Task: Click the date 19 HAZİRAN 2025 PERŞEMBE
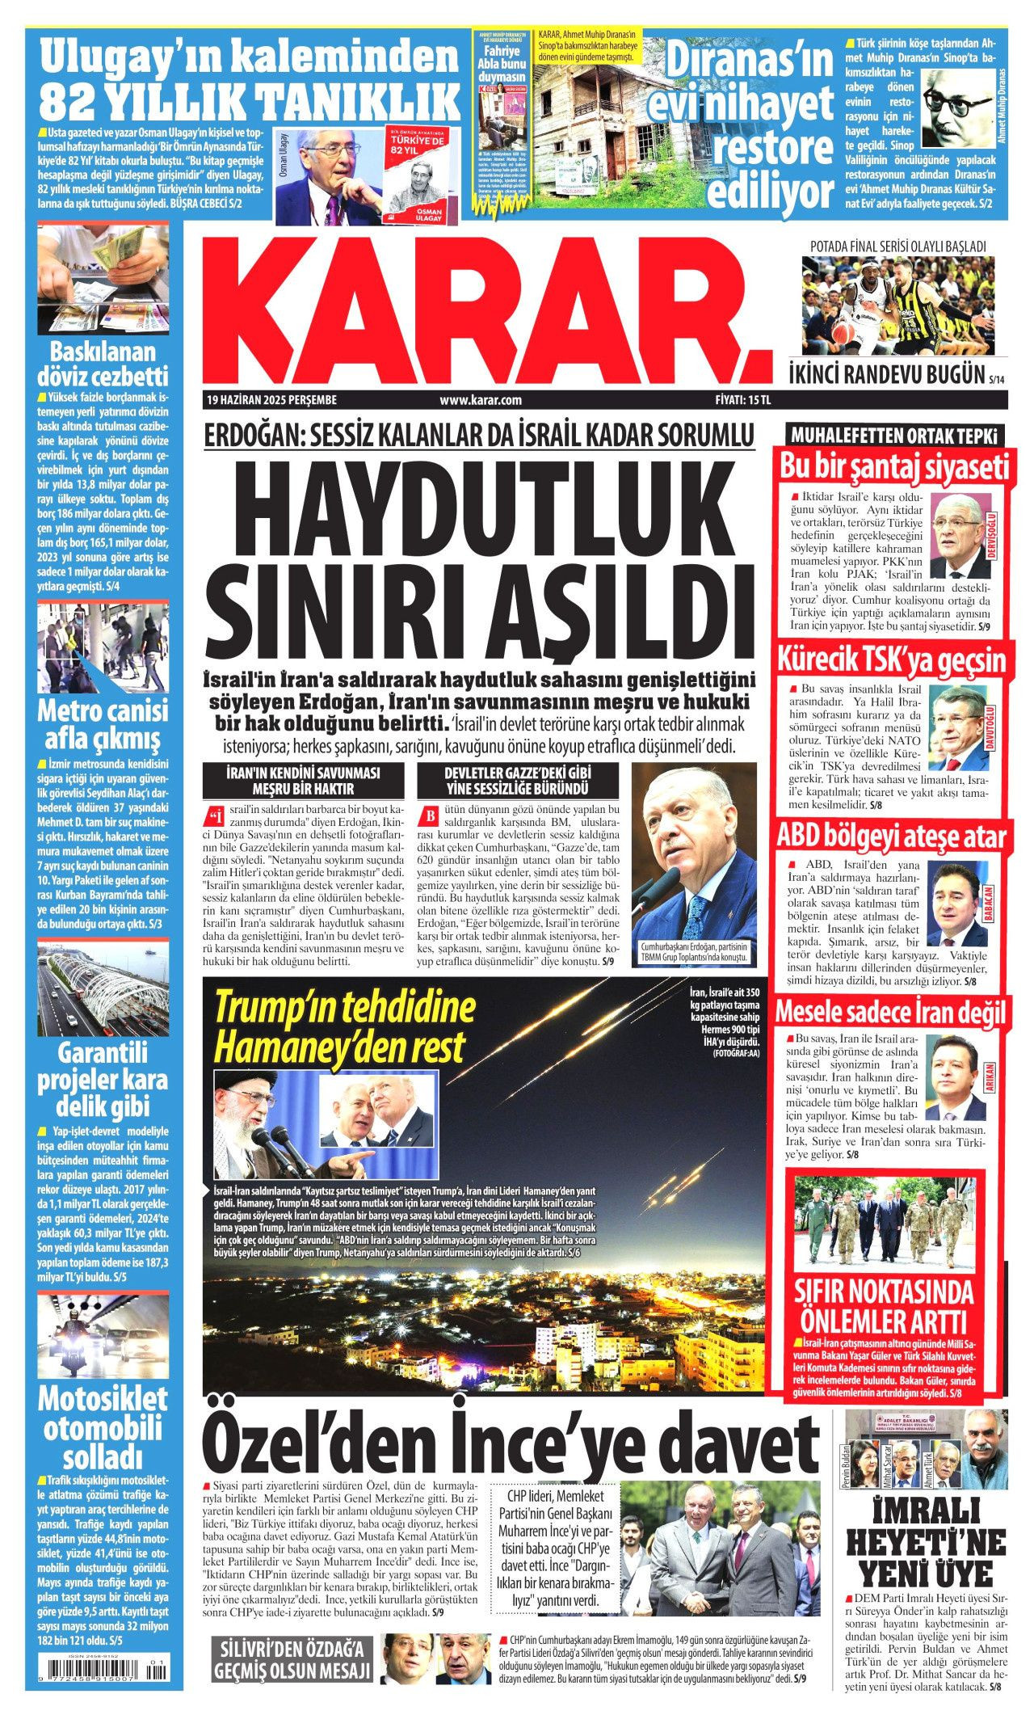(271, 399)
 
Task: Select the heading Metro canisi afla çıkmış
(103, 724)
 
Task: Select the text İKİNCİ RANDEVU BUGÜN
(888, 374)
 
